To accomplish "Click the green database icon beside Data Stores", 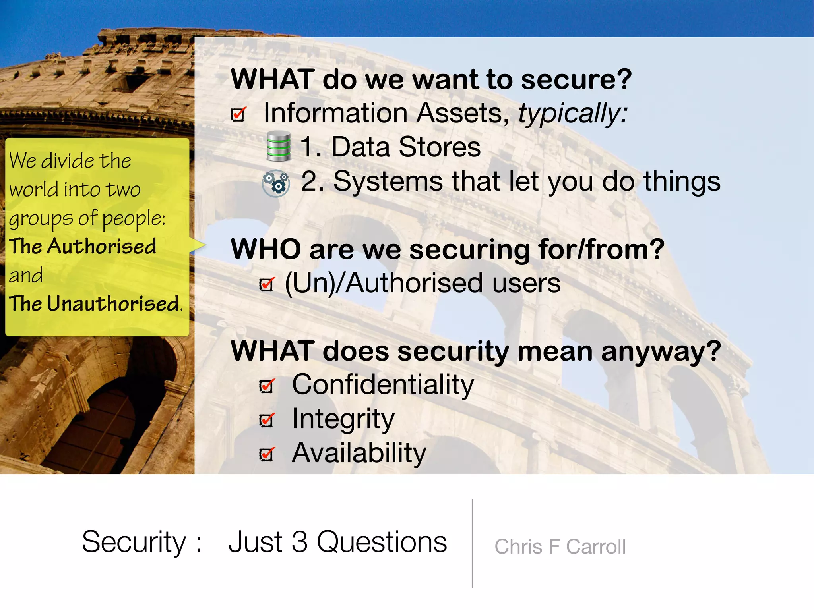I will click(x=278, y=146).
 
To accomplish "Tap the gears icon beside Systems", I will click(x=276, y=183).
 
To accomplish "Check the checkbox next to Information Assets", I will click(x=238, y=114).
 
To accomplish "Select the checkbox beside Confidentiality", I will click(x=266, y=386).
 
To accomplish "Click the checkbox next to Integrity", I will click(x=266, y=420).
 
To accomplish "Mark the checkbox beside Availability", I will click(x=266, y=454).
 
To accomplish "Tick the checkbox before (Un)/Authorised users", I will click(x=266, y=284).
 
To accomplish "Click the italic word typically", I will click(x=572, y=113).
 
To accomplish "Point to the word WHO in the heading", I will click(x=266, y=250).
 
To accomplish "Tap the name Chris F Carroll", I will click(x=560, y=547).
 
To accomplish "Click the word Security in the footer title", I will click(x=134, y=542).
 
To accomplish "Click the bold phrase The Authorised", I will click(x=83, y=246).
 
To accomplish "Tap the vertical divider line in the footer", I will click(x=472, y=543).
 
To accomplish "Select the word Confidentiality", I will click(x=383, y=385).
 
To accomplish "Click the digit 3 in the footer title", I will click(x=299, y=542).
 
